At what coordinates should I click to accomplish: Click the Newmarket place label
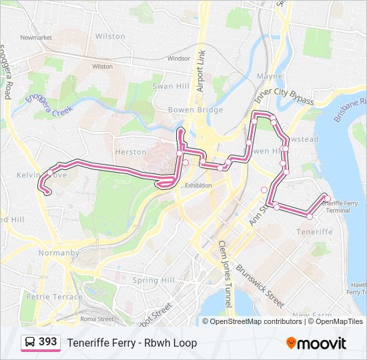pos(36,38)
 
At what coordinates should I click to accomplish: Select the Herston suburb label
pos(131,152)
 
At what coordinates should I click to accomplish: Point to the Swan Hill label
pos(171,87)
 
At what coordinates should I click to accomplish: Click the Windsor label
pos(179,59)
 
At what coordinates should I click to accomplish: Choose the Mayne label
pos(270,77)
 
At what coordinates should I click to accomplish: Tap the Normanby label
pos(58,253)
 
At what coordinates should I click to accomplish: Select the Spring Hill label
pos(153,280)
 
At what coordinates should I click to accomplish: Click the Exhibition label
pos(198,185)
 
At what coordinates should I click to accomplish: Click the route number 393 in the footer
pos(47,342)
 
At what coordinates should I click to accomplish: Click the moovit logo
pos(316,343)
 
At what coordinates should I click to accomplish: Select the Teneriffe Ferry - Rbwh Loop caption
pos(131,343)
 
